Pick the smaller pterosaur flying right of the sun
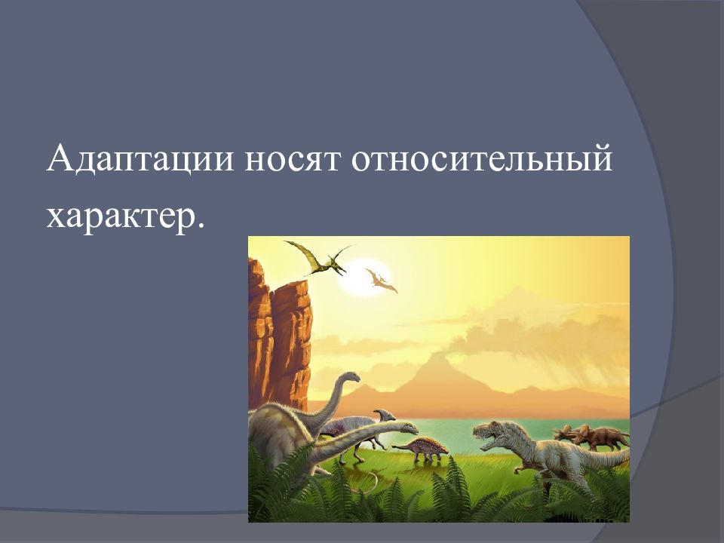point(381,281)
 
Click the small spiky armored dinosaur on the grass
point(422,447)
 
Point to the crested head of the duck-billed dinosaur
point(385,413)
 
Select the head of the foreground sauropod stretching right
point(408,428)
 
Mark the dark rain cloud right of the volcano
point(573,339)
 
